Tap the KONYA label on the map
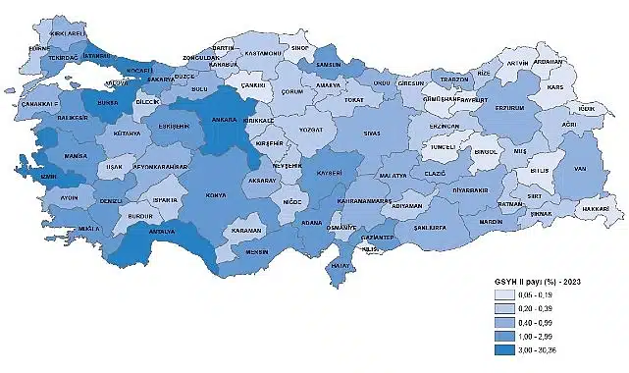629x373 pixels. click(x=215, y=194)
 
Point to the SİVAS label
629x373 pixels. click(x=371, y=131)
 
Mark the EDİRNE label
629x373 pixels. click(x=39, y=47)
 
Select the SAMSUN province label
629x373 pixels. click(x=327, y=64)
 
